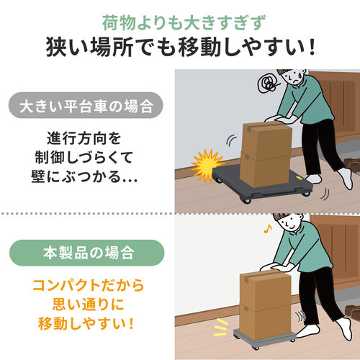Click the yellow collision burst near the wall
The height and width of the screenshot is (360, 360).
tap(207, 166)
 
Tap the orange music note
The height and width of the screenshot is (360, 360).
tap(268, 229)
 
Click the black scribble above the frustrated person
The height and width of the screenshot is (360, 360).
tap(269, 84)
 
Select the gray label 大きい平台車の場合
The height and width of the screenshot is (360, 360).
tap(86, 105)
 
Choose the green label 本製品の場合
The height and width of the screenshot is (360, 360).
tap(87, 253)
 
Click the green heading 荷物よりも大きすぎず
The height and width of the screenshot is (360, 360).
tap(184, 22)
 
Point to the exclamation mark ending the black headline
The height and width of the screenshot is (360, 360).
tap(312, 48)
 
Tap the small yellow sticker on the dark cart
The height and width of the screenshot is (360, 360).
tap(300, 178)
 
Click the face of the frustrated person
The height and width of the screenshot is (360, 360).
tap(293, 77)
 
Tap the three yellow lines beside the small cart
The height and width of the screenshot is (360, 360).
tap(220, 328)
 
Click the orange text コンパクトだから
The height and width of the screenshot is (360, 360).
tap(88, 285)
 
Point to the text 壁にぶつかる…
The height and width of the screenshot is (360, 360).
tap(84, 177)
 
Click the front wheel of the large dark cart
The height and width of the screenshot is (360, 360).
tap(246, 201)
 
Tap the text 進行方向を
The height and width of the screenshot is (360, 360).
tap(84, 138)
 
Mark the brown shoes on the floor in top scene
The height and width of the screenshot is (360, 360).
tap(351, 165)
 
